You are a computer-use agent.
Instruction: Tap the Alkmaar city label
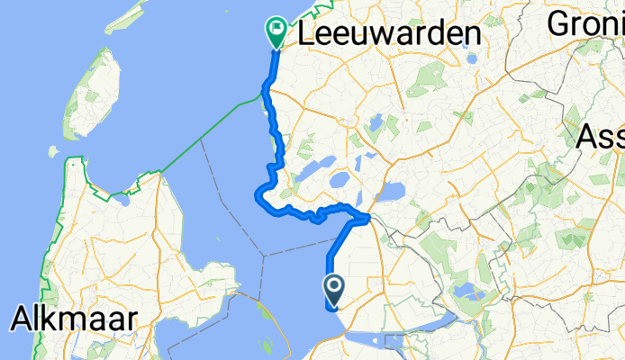point(74,319)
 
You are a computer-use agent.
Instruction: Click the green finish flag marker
point(275,32)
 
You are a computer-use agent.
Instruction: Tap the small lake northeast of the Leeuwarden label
point(471,60)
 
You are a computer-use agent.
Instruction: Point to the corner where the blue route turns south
point(367,217)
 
